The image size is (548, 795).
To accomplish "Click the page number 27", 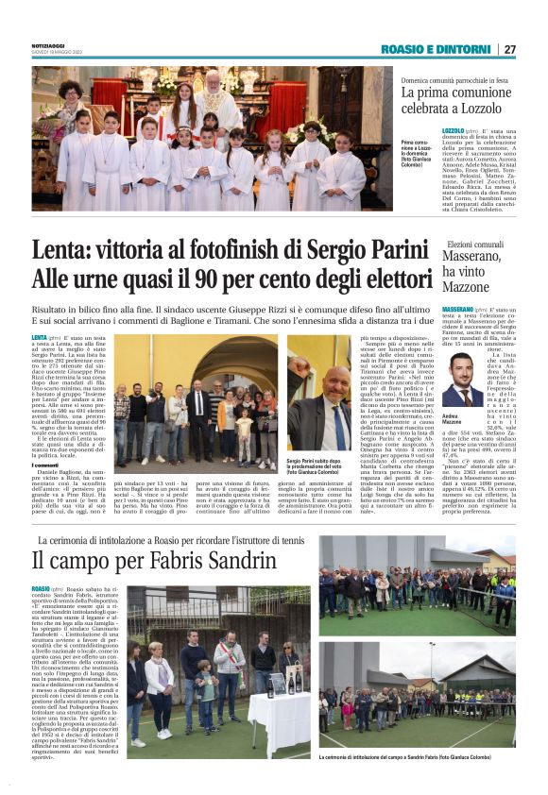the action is (x=509, y=49).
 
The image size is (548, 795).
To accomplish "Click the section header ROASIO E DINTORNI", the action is (x=437, y=49).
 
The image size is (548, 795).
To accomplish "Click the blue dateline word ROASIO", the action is (x=44, y=588).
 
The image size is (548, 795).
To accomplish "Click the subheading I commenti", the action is (x=47, y=464).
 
